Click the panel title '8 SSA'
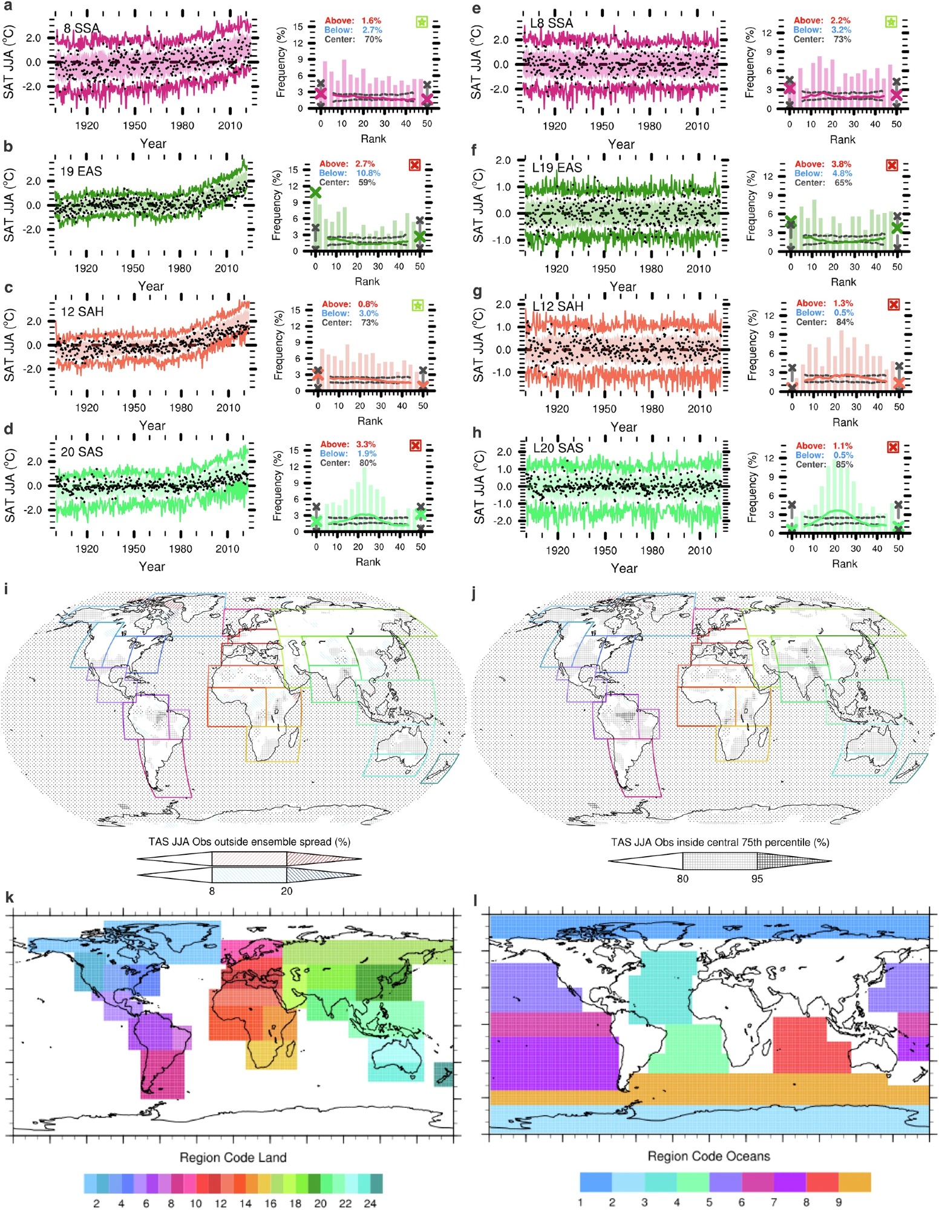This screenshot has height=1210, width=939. coord(82,28)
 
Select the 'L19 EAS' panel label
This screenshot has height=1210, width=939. coord(557,168)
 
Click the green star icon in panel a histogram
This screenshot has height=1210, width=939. coord(422,22)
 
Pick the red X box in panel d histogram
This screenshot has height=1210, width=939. coord(415,446)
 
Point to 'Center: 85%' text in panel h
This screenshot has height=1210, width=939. coord(824,465)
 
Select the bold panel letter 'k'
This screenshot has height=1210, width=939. coord(9,897)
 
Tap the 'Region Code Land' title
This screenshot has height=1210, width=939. coord(233,1157)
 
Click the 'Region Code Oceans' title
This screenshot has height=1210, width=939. coord(708,1156)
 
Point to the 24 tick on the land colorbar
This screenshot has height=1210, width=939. coord(370,1203)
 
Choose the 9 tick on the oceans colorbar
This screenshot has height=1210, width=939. coord(839,1202)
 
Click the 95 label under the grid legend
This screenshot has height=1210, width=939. coord(757,878)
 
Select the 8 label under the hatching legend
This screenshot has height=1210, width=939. coord(212,891)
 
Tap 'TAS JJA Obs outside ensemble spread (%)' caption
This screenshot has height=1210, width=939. coord(249,842)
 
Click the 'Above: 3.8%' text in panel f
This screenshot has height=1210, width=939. coord(823,164)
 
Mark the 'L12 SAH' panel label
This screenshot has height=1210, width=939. coord(557,307)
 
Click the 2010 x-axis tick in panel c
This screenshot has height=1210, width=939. coord(228,408)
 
